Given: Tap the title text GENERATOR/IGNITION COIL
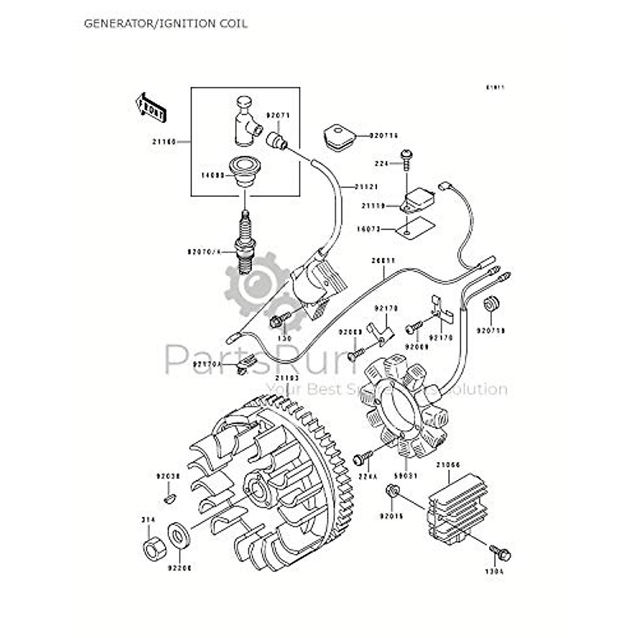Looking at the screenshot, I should click(x=165, y=24).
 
